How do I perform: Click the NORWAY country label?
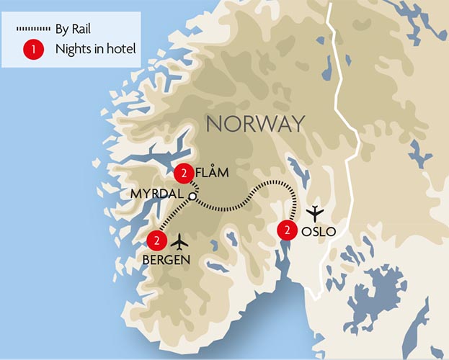pyautogui.click(x=255, y=124)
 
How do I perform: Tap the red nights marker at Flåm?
pyautogui.click(x=185, y=174)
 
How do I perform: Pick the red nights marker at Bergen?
pyautogui.click(x=156, y=240)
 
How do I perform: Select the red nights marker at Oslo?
pyautogui.click(x=287, y=230)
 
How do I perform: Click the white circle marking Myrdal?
pyautogui.click(x=192, y=196)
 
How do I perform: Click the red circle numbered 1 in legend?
pyautogui.click(x=32, y=50)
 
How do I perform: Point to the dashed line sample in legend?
pyautogui.click(x=32, y=30)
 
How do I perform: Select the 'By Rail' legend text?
pyautogui.click(x=72, y=30)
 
